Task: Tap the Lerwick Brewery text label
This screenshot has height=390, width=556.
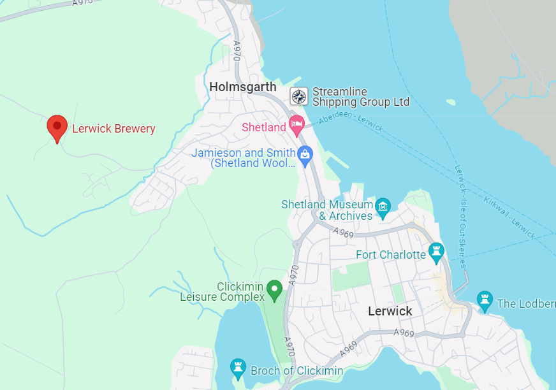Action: tap(113, 129)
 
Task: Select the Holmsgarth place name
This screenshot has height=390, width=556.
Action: tap(243, 87)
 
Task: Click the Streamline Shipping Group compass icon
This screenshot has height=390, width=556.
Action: tap(299, 96)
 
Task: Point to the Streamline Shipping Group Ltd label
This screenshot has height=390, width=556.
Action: tap(360, 97)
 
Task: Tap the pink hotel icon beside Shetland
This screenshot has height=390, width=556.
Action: tap(296, 125)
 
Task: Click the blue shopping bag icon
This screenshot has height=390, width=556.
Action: tap(305, 155)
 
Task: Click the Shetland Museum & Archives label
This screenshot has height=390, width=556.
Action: tap(327, 210)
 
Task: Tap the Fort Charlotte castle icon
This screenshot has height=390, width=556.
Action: tap(436, 251)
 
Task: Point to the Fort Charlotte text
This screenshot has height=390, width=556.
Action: tap(390, 255)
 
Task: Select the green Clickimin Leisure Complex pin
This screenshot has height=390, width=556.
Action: tap(275, 290)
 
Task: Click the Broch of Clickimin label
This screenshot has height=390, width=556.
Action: tap(296, 371)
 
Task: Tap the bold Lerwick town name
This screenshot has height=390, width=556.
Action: tap(390, 311)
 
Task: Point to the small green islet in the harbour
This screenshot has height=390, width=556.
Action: tap(451, 102)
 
